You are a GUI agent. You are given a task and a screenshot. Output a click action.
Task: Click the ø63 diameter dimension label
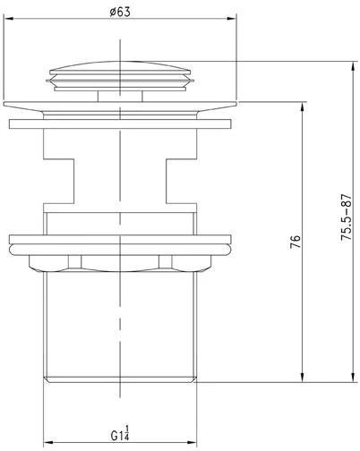coord(120,12)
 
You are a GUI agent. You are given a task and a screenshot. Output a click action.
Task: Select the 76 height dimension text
coord(296,242)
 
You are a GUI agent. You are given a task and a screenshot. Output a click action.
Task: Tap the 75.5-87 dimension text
coord(347,217)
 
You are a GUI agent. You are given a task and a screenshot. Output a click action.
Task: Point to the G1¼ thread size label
coord(120,435)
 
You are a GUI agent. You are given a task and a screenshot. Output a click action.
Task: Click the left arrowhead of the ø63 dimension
coord(9,19)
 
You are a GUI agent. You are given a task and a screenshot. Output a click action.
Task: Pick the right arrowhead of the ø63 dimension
coord(232,19)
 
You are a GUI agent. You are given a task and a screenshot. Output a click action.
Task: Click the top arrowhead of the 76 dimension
coord(303,107)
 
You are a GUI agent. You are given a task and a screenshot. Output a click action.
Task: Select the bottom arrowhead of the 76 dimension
coord(303,377)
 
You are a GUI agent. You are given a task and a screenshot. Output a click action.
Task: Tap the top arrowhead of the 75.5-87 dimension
coord(354,66)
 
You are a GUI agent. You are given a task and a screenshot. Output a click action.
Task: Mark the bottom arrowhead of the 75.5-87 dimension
coord(354,377)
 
